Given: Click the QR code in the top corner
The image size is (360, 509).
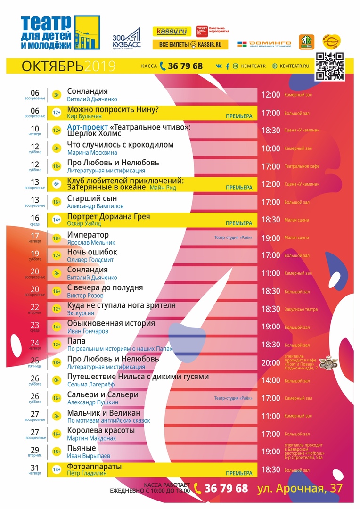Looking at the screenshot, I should (329, 66).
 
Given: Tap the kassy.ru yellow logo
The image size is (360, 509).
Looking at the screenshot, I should (172, 32).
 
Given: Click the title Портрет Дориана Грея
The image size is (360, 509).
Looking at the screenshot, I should (108, 217).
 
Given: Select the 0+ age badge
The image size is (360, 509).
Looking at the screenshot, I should (57, 380).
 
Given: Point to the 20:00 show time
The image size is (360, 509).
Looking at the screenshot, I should (271, 363).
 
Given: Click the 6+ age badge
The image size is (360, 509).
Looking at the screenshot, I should (57, 184).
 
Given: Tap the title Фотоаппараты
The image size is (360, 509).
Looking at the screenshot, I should (94, 467).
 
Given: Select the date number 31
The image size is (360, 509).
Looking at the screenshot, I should (35, 468).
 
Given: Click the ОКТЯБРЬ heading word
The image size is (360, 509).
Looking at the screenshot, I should (52, 66).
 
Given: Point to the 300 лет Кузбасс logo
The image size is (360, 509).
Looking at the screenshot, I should (126, 37).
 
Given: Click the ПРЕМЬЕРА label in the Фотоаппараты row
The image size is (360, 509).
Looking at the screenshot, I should (239, 473).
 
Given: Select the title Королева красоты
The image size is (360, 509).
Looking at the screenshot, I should (101, 431).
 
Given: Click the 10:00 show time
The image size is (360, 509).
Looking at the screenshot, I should (271, 148).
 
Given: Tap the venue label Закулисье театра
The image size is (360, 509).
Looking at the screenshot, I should (301, 310).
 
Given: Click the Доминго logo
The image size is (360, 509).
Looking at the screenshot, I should (264, 44).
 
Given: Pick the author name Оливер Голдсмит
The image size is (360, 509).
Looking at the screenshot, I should (91, 260).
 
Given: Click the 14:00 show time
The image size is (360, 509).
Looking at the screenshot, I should (271, 381).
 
